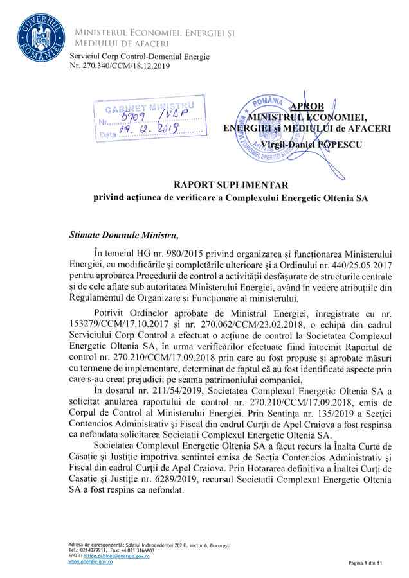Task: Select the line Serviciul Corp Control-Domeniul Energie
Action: pos(140,57)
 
